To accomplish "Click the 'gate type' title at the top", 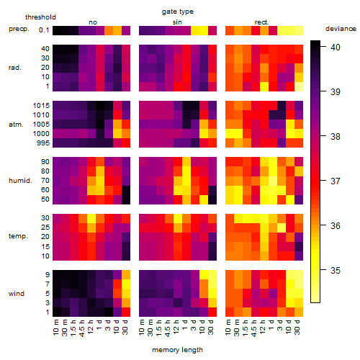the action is click(x=178, y=12).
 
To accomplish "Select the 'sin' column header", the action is click(x=177, y=22).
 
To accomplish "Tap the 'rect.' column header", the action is click(x=262, y=22).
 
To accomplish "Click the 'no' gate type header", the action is click(x=93, y=22).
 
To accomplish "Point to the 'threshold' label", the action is click(x=40, y=17).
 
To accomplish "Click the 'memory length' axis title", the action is click(x=178, y=350).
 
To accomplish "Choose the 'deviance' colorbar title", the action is click(x=341, y=29).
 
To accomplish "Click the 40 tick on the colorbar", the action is click(x=336, y=47).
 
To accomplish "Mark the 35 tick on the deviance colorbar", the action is click(x=336, y=271).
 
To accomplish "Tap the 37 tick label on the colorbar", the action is click(x=336, y=181).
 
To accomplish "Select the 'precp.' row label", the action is click(x=19, y=29).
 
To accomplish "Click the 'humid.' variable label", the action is click(x=20, y=181).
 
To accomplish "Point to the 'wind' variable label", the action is click(x=17, y=294).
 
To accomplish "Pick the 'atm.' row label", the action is click(x=16, y=125).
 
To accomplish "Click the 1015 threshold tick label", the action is click(x=41, y=106).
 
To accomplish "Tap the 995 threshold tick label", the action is click(x=43, y=143).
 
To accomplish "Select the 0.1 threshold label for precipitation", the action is click(x=44, y=30).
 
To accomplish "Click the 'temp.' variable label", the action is click(x=18, y=236).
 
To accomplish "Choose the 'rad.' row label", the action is click(x=15, y=68).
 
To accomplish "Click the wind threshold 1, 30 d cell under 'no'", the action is click(x=126, y=312).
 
